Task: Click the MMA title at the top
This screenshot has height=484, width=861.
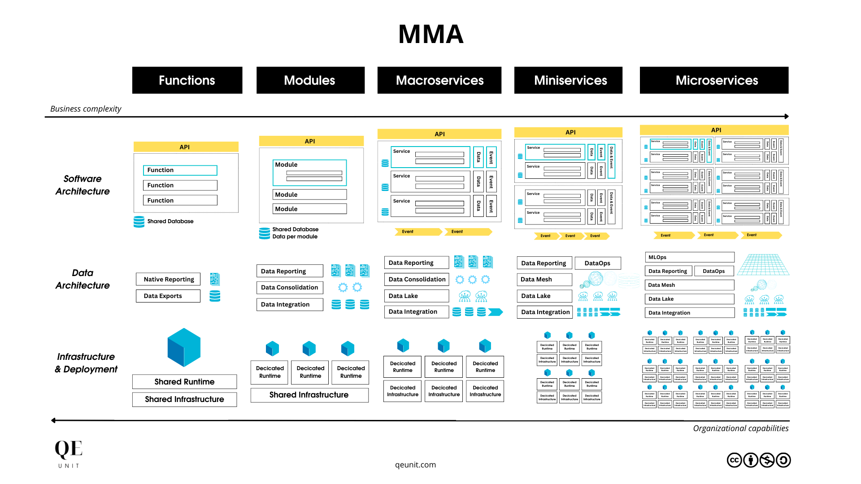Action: [x=430, y=35]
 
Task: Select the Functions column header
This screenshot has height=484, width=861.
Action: [x=187, y=80]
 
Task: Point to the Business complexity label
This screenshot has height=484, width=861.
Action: [x=86, y=109]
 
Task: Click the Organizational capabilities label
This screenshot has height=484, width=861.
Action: [x=740, y=428]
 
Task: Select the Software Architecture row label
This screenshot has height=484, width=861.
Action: [x=83, y=185]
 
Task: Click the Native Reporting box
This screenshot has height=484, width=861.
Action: [x=169, y=279]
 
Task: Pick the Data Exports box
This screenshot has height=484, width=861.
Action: [x=168, y=296]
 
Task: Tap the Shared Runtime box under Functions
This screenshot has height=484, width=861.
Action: [x=184, y=382]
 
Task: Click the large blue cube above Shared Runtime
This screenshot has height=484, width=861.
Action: [x=184, y=347]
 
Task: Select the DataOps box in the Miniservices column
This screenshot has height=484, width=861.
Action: [x=597, y=263]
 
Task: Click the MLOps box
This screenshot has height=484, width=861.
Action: [x=689, y=257]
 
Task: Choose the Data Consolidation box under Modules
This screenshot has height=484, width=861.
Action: [x=290, y=287]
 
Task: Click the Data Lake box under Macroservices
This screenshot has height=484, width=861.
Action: [x=416, y=296]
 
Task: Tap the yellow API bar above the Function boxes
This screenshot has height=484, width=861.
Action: [x=186, y=147]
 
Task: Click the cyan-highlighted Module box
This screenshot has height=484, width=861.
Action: [x=309, y=173]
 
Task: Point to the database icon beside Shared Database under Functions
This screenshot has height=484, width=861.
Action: [x=139, y=221]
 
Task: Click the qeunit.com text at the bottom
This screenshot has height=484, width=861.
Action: [x=415, y=465]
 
